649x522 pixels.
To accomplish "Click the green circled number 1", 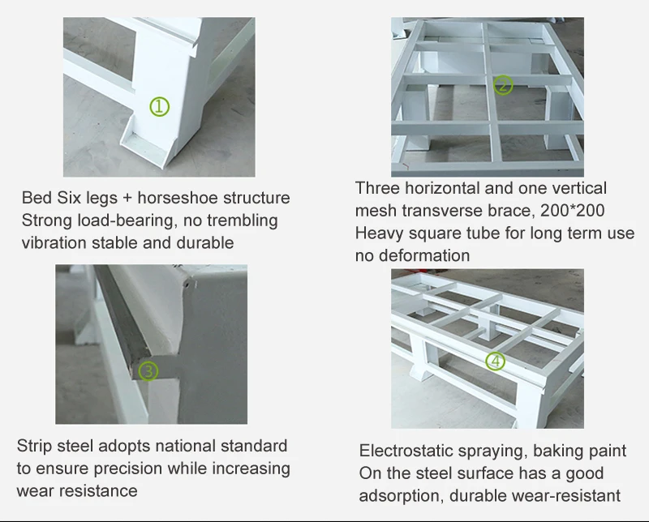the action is coord(159,107).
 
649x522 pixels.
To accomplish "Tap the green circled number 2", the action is coord(503,85).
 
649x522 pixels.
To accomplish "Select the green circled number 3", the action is coord(148,370).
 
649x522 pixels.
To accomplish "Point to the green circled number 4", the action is coord(495,362).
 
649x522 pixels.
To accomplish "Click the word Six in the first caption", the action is coord(70,198).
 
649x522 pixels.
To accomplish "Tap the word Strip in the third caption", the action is coord(34,446).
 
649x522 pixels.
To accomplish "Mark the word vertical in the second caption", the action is coord(579,188).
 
